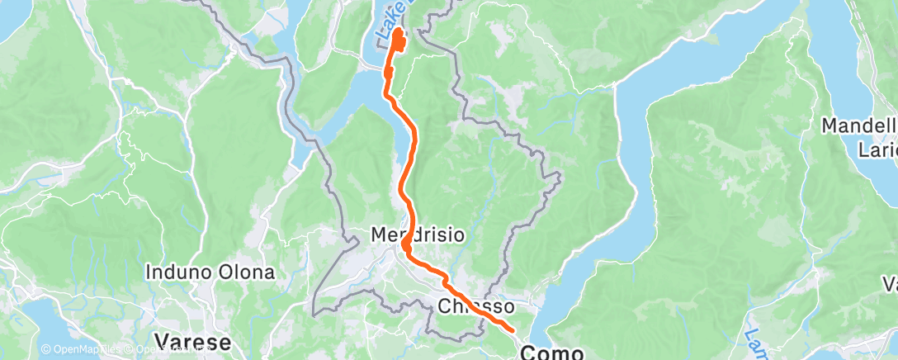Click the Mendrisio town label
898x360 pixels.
[417, 234]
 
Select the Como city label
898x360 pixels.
[551, 352]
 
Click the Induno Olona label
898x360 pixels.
[210, 271]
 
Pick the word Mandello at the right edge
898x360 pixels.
[859, 126]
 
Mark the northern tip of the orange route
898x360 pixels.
[399, 32]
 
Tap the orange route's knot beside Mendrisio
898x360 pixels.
[407, 245]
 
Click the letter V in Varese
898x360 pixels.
[161, 341]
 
